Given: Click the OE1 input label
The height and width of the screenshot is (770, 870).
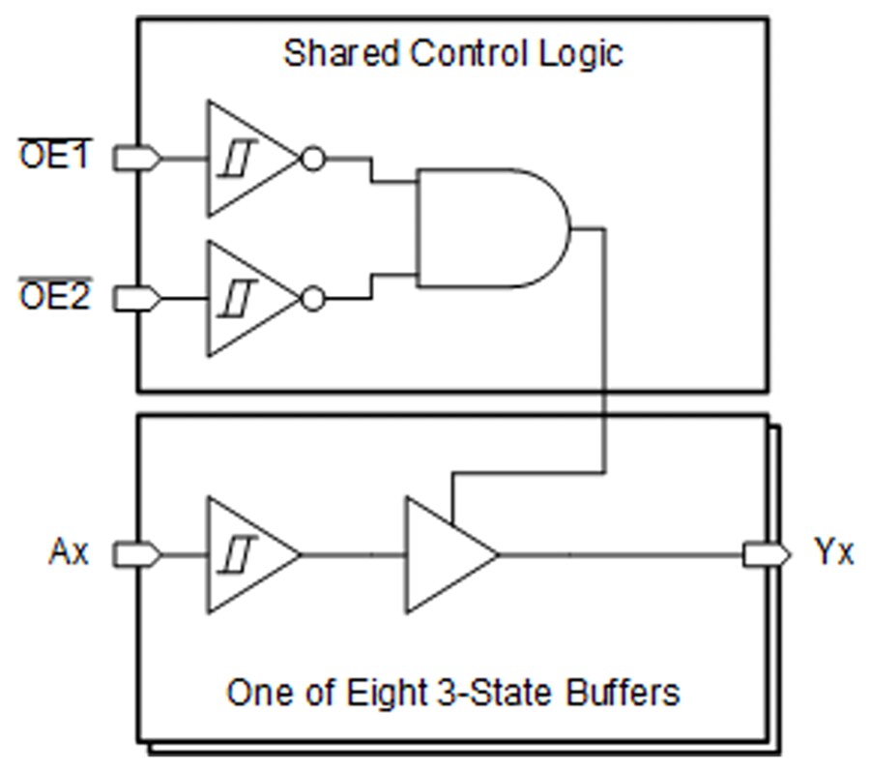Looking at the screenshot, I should tap(55, 157).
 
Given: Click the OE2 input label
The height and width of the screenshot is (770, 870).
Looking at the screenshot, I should tap(55, 297).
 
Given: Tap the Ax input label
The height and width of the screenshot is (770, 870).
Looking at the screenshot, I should tap(69, 553).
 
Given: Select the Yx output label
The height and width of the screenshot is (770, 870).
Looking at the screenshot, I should tap(833, 553).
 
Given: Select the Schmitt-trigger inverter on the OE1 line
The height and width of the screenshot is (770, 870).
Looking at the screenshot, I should tap(246, 158).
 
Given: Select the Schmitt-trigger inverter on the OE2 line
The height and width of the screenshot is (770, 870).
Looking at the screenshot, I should tap(246, 298).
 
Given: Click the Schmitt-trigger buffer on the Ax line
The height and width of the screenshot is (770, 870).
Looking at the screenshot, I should tap(246, 554).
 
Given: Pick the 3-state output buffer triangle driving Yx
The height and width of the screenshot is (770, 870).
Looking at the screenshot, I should tap(445, 554).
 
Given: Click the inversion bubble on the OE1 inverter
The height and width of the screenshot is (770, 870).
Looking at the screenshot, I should tap(313, 158).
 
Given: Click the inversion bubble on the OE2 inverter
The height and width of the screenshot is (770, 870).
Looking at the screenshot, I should tap(313, 298).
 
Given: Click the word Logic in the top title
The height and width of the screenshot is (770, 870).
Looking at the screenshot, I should tap(584, 54).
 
